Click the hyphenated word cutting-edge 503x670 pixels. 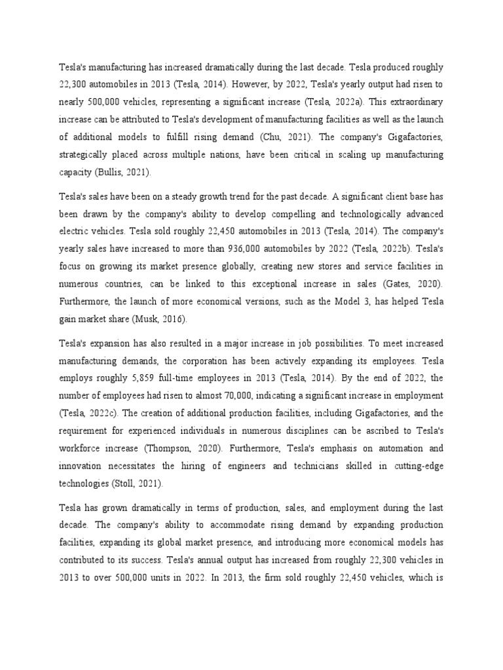point(418,466)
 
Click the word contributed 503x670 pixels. point(85,560)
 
